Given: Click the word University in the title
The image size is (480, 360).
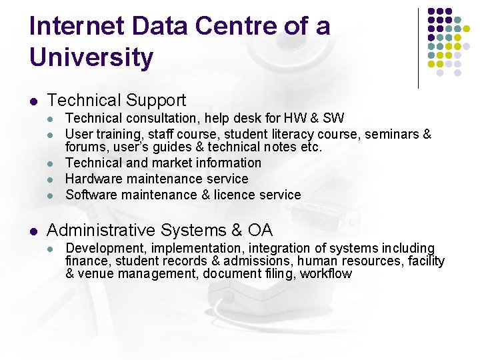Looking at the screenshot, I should [x=91, y=58].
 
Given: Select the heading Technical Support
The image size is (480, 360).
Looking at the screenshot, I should [x=117, y=101].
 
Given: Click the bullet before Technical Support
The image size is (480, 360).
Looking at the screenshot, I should [x=34, y=101].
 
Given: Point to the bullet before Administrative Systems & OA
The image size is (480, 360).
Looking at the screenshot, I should [x=34, y=231].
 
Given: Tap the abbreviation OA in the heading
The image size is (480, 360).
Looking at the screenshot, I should [x=260, y=231].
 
